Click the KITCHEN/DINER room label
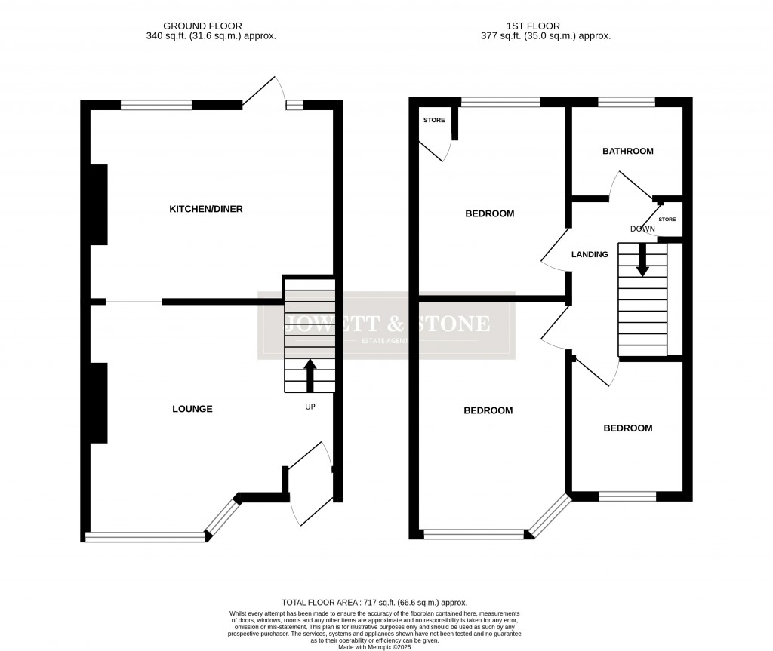pos(205,209)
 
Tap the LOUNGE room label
pos(192,409)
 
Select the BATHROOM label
pos(627,151)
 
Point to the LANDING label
pos(590,255)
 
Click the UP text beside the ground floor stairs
pos(310,407)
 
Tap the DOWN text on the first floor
pos(642,229)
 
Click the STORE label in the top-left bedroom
pos(434,121)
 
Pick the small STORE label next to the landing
pos(667,220)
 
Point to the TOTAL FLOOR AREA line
pos(374,603)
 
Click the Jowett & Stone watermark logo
pos(386,326)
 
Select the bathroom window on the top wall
pos(627,102)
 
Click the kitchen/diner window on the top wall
pos(156,105)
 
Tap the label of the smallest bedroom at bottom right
pos(627,428)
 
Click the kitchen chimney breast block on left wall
pos(98,204)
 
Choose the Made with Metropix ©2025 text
pos(374,646)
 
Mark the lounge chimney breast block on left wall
pos(98,402)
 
